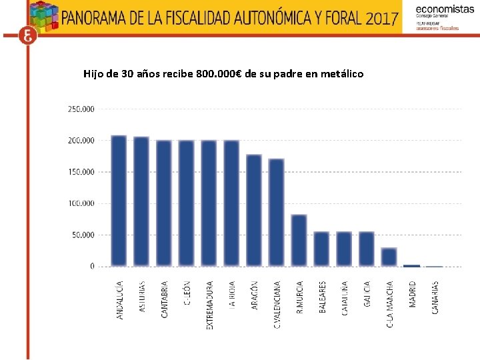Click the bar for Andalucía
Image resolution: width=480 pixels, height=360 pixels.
tap(119, 201)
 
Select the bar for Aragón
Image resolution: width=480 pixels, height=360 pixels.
tap(254, 210)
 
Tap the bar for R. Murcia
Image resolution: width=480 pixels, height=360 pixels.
tap(299, 240)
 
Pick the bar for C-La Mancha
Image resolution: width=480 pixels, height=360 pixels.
tap(389, 257)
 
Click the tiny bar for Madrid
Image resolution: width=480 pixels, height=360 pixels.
tap(411, 265)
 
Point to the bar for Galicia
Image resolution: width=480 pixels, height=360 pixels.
tap(366, 249)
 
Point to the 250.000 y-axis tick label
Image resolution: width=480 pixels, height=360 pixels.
tap(81, 109)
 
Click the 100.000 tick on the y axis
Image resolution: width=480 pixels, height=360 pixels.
tap(81, 203)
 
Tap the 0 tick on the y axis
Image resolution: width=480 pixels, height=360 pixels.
tap(92, 267)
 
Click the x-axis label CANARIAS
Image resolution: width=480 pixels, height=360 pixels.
tap(435, 297)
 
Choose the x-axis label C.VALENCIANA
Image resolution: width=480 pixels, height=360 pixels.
tap(277, 304)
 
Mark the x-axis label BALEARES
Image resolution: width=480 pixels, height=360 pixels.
tap(323, 299)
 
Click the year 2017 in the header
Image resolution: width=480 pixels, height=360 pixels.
tap(383, 18)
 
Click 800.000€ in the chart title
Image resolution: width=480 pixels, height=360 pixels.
tap(219, 73)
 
